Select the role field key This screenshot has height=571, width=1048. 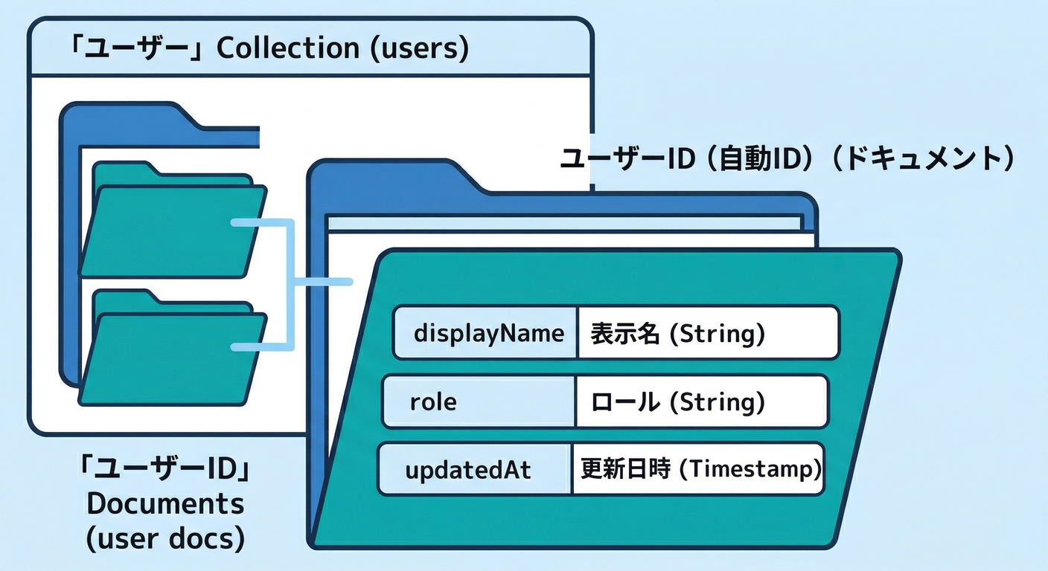coord(433,402)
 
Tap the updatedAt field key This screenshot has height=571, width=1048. coord(467,470)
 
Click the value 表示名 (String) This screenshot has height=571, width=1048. coord(677,334)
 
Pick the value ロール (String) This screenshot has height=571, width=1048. coord(677,402)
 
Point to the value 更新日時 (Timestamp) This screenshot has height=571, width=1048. coord(700,469)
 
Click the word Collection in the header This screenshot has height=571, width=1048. coord(287,48)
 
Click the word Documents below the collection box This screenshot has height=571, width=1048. coord(165,503)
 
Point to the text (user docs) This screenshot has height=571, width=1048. coord(165,539)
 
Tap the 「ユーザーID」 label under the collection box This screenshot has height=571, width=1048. coord(165,468)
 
